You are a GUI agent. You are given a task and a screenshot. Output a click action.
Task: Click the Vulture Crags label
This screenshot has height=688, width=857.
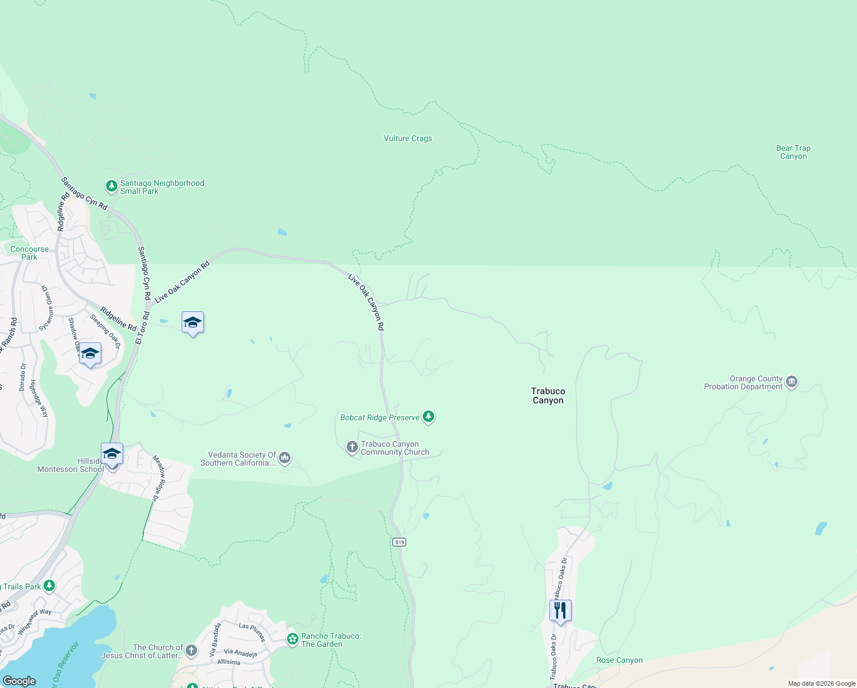click(x=407, y=139)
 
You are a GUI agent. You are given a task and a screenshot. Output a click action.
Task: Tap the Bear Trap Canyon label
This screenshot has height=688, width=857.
click(x=793, y=152)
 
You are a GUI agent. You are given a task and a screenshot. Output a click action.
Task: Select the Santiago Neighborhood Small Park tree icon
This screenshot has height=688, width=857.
click(x=112, y=186)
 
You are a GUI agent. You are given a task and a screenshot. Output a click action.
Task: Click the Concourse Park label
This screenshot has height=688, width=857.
click(x=30, y=253)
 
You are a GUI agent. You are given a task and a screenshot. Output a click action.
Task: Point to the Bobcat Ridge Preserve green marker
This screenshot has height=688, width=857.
click(x=428, y=417)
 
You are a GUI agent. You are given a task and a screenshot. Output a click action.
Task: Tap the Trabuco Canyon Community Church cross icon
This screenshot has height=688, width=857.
click(x=352, y=447)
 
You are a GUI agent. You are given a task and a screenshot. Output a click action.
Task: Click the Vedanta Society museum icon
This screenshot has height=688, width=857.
click(x=285, y=458)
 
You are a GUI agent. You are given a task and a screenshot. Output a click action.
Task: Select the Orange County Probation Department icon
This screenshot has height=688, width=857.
click(x=792, y=382)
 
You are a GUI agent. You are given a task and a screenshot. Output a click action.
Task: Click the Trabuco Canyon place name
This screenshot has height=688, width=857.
click(x=548, y=396)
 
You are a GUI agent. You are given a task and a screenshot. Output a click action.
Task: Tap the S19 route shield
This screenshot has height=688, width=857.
click(x=400, y=542)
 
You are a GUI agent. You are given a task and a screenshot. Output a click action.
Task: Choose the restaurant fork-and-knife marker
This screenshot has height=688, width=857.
click(x=560, y=611)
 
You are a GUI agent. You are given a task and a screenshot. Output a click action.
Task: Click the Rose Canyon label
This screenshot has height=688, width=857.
click(x=619, y=660)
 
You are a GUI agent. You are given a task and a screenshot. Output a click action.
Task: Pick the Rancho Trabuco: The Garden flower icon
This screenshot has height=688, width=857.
click(x=293, y=639)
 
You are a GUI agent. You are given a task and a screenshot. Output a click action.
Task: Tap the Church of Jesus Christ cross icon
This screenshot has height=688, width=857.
click(x=191, y=650)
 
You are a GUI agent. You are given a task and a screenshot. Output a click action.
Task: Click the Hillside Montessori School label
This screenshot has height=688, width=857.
click(x=70, y=465)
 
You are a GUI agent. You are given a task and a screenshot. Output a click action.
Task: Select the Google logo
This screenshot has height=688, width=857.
click(x=19, y=681)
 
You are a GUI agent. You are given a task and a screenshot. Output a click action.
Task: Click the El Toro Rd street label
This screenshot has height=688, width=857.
click(x=142, y=329)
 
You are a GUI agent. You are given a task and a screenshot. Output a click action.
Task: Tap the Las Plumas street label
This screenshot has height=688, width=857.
click(x=252, y=632)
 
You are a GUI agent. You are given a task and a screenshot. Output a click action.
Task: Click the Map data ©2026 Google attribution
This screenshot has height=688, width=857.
click(x=821, y=683)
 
